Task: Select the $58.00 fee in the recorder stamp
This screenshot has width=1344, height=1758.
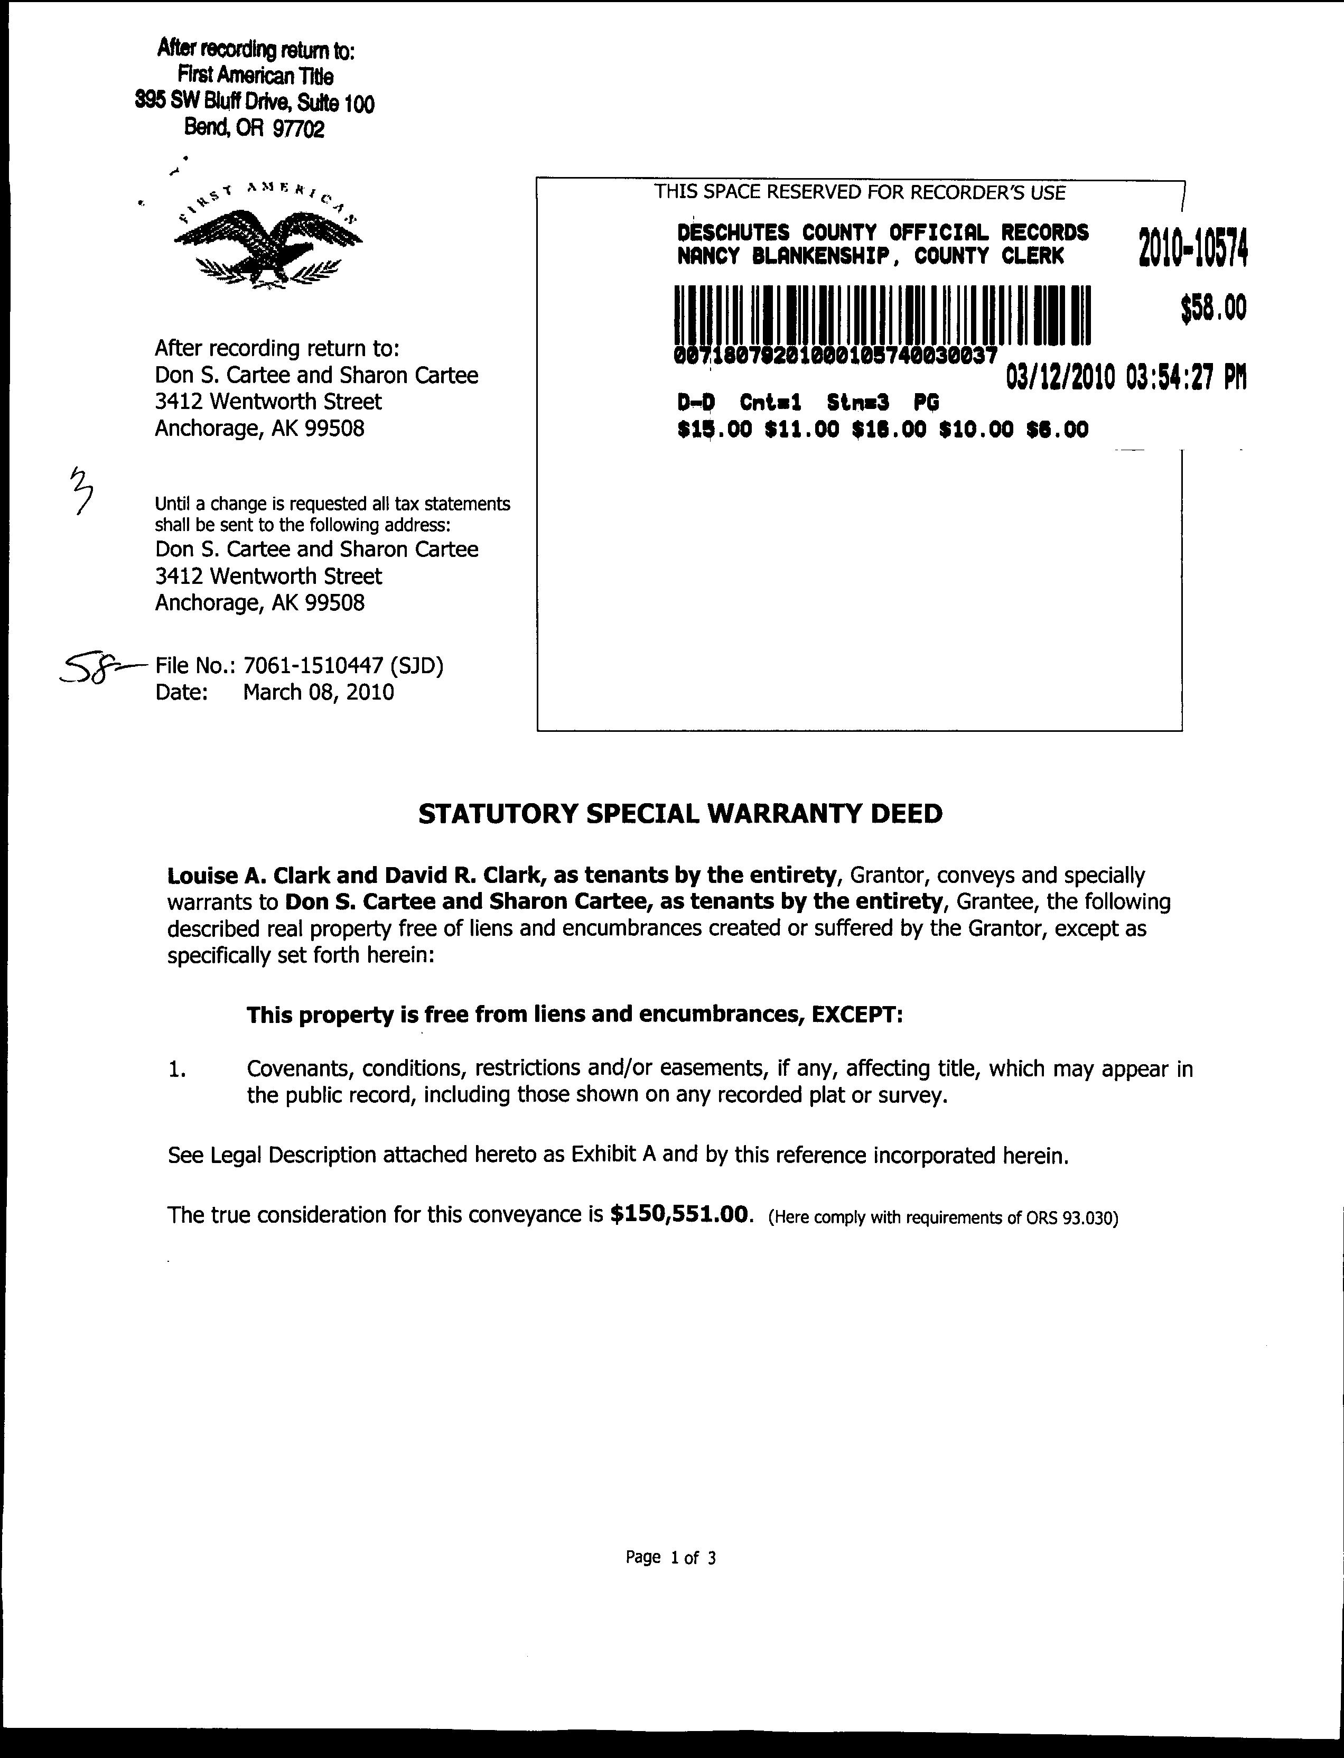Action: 1214,308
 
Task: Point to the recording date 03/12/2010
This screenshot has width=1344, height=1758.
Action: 1059,376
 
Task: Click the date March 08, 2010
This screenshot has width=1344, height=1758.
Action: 319,692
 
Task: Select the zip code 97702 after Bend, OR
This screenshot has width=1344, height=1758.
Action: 298,129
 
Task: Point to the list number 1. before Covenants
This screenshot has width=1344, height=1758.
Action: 177,1070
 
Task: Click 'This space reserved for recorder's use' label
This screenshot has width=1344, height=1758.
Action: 860,192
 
